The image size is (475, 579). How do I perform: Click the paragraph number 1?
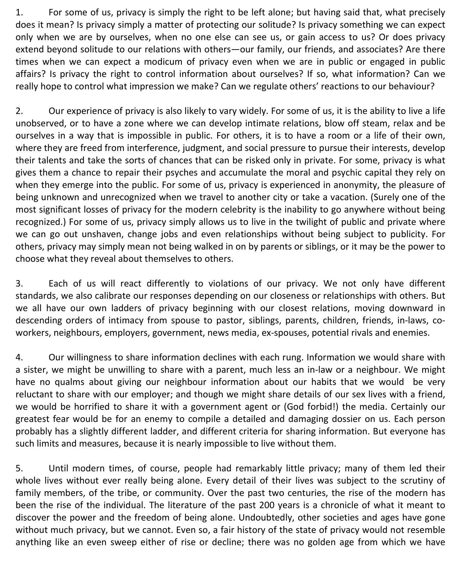click(19, 13)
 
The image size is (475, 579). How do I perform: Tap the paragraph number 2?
click(19, 111)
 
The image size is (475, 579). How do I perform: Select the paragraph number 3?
click(19, 284)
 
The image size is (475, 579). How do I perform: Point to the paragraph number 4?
click(19, 357)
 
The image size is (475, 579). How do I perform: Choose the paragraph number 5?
click(19, 468)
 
